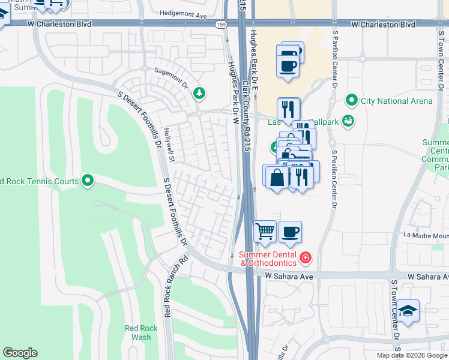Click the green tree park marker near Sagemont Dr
(199, 93)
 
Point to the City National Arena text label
(396, 101)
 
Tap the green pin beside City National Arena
(352, 100)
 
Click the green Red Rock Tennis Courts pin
(88, 180)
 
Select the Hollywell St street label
(169, 144)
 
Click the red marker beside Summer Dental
(306, 258)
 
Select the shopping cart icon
(265, 231)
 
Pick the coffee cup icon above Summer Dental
(290, 231)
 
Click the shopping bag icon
(276, 177)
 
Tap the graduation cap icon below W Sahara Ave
(408, 310)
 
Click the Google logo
(20, 353)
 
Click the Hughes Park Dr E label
(255, 60)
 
